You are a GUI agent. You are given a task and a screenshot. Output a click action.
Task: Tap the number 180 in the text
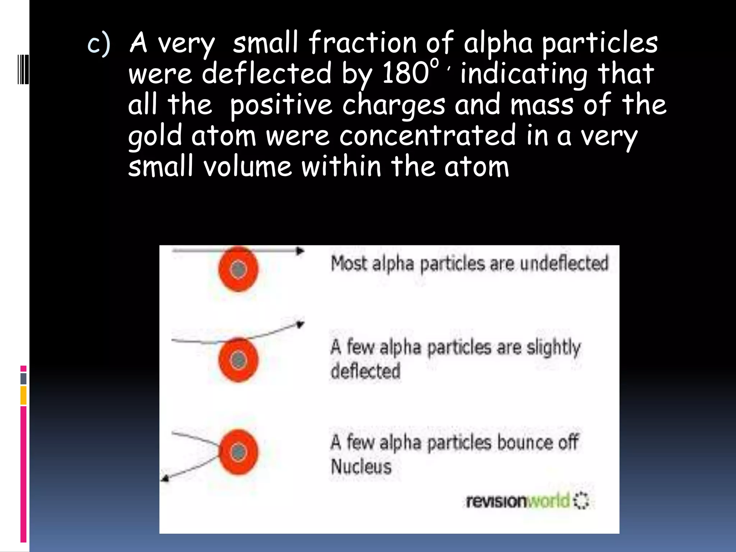pos(405,73)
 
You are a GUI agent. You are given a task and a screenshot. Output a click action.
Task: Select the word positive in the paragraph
pos(281,105)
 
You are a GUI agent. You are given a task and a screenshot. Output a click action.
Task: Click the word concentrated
pos(427,136)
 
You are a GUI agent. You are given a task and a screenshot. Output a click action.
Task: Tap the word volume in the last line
pos(248,167)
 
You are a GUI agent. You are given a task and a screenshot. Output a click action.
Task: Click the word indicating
pos(524,74)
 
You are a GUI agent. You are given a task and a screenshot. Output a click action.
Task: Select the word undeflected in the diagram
pos(564,263)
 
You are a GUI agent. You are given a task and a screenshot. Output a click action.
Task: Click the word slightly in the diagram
pos(553,348)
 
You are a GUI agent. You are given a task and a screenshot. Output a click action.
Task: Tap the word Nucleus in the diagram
pos(361,467)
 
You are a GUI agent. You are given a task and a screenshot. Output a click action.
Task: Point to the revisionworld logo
pos(526,501)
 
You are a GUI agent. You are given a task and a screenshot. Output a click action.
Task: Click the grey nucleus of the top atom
pos(238,270)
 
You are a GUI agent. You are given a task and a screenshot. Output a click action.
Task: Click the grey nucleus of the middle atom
pos(238,360)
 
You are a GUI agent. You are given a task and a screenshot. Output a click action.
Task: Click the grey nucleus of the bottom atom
pos(238,452)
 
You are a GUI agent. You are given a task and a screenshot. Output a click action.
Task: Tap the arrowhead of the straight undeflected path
pos(300,251)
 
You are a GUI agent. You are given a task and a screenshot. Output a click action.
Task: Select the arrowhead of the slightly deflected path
pos(300,325)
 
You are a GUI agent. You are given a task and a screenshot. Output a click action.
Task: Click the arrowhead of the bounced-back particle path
pos(165,478)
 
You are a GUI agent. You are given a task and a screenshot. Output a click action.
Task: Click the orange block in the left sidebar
pos(23,395)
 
